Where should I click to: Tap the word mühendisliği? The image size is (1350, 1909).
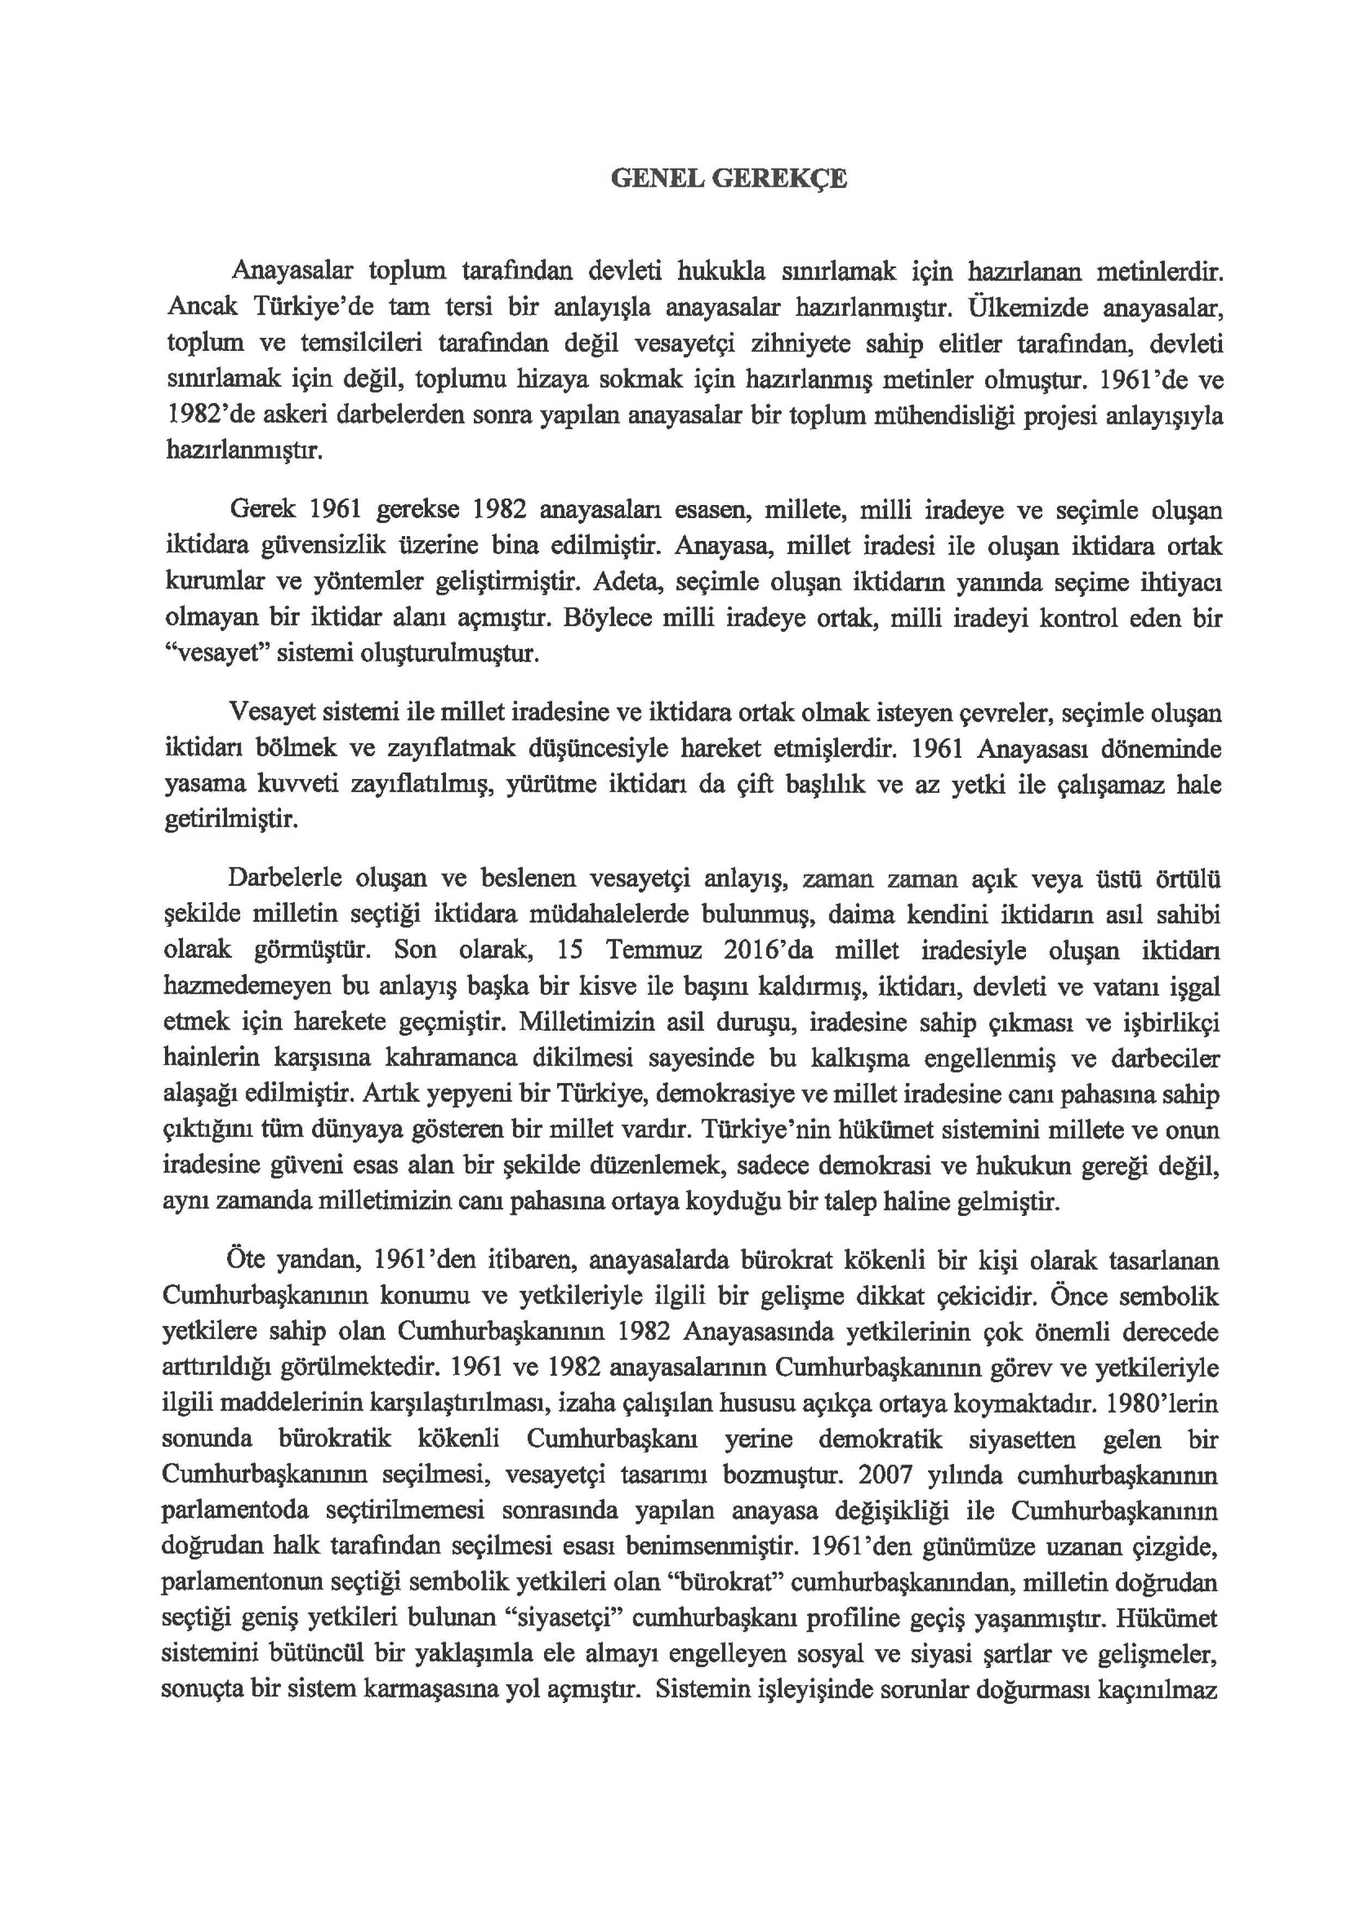pyautogui.click(x=942, y=416)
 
